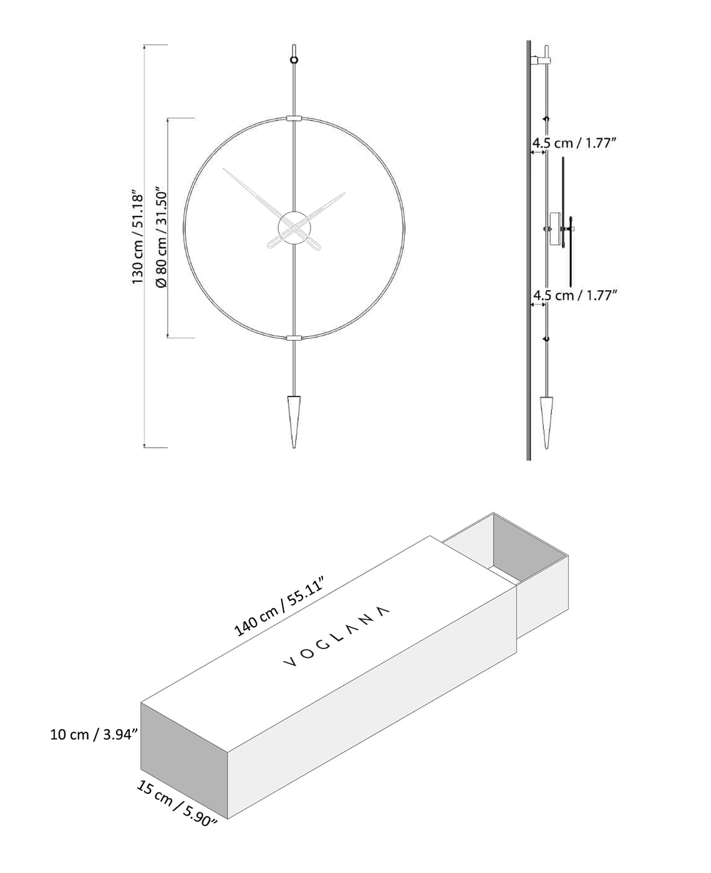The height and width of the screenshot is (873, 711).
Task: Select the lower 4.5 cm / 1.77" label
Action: (x=574, y=295)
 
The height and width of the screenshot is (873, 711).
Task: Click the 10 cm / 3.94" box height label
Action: (x=94, y=735)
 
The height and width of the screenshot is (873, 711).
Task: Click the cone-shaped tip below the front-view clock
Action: (x=294, y=420)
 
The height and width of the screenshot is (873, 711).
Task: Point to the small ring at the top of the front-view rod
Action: (x=294, y=60)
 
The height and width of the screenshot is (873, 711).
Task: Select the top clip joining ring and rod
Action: (x=294, y=117)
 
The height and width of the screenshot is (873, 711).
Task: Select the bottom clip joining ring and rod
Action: (x=294, y=338)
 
